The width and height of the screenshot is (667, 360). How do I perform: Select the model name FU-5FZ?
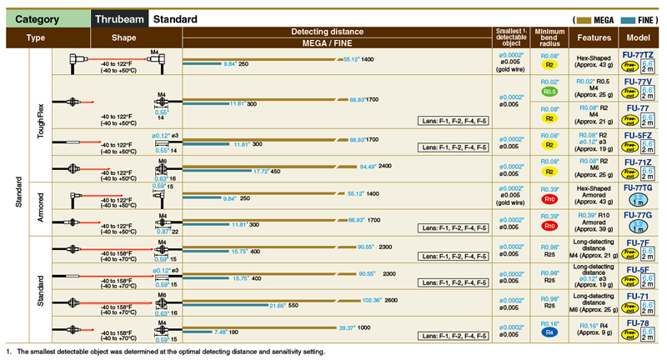click(x=638, y=135)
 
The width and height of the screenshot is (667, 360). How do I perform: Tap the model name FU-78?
click(x=638, y=322)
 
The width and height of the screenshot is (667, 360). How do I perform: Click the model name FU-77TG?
click(x=638, y=188)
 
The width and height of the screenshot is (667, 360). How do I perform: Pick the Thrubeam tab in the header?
click(x=119, y=19)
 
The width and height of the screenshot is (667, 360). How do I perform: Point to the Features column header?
click(x=594, y=37)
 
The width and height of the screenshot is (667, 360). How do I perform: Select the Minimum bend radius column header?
click(x=550, y=37)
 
